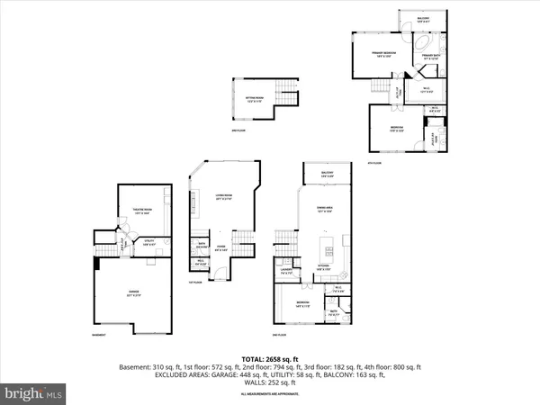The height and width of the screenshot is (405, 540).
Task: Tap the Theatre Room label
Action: tap(132, 213)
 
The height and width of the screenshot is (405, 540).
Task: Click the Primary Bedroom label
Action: tap(386, 56)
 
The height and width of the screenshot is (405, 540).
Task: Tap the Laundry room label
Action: tap(285, 272)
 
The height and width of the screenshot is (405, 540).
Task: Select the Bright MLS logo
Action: tap(33, 392)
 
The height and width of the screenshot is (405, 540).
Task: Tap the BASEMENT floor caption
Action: tap(101, 337)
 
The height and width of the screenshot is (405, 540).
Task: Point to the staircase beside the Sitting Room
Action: tap(283, 93)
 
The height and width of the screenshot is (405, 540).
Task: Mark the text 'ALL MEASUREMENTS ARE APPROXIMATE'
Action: tap(269, 394)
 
